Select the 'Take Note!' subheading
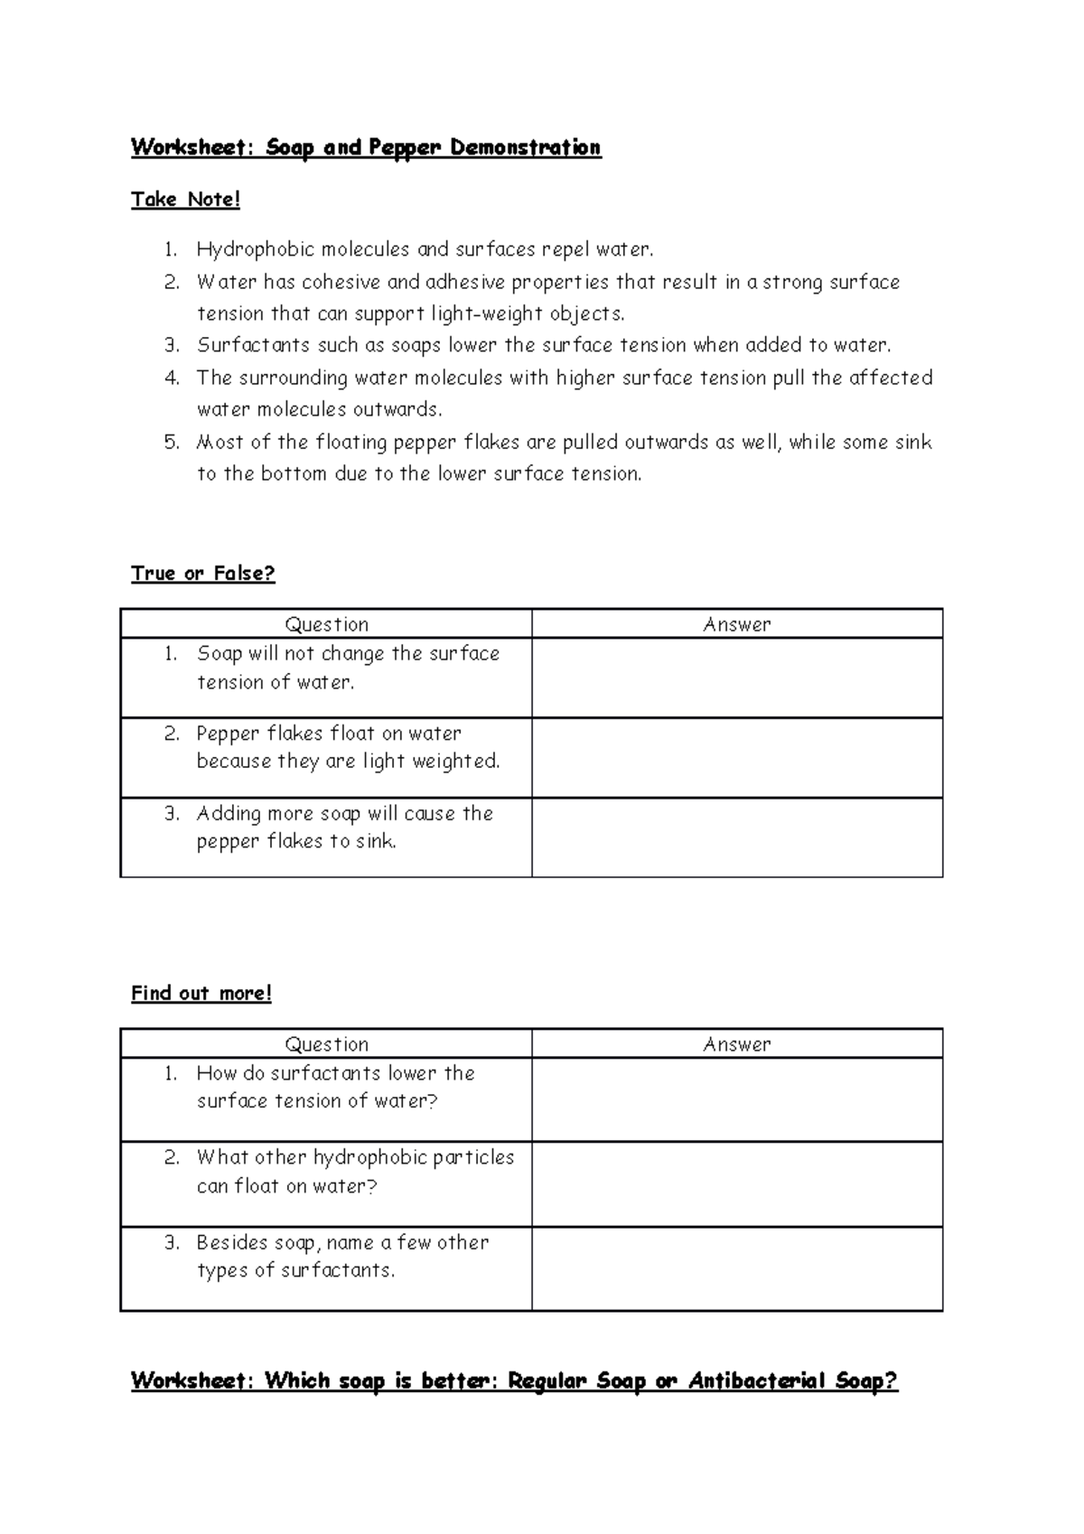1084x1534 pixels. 186,200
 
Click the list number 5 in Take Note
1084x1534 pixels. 172,443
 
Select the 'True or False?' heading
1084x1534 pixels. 203,574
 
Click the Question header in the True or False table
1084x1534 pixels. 326,624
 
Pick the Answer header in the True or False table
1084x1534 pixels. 737,624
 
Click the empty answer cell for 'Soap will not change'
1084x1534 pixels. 737,678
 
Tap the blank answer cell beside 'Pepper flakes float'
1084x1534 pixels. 737,757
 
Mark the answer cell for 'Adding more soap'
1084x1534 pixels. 737,837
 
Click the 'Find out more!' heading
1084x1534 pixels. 201,994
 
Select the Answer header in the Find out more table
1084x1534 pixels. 737,1044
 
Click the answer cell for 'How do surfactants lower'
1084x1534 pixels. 737,1099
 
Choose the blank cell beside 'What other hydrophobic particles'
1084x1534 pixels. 737,1183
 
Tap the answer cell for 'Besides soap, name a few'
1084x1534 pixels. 737,1268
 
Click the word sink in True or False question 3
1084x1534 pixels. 376,842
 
